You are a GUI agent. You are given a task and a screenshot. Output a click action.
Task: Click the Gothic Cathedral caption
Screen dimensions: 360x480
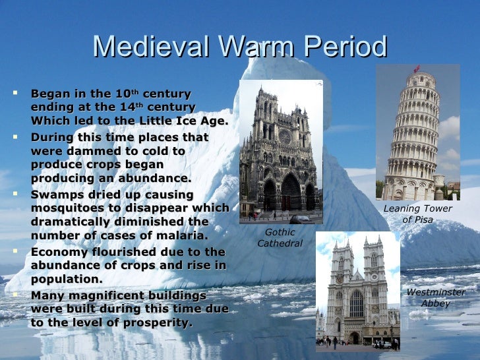[x=280, y=238]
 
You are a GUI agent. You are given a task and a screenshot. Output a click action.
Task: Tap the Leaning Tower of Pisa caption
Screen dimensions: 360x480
[x=417, y=214]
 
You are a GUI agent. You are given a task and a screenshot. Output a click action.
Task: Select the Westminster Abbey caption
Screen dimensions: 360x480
[x=436, y=298]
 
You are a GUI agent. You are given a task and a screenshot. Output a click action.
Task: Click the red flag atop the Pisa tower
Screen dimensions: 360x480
[x=416, y=68]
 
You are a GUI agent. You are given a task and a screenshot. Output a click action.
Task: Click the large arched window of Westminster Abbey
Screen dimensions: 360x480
[x=356, y=303]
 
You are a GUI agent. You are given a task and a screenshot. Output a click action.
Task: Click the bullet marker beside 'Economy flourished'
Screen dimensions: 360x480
[x=15, y=251]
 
